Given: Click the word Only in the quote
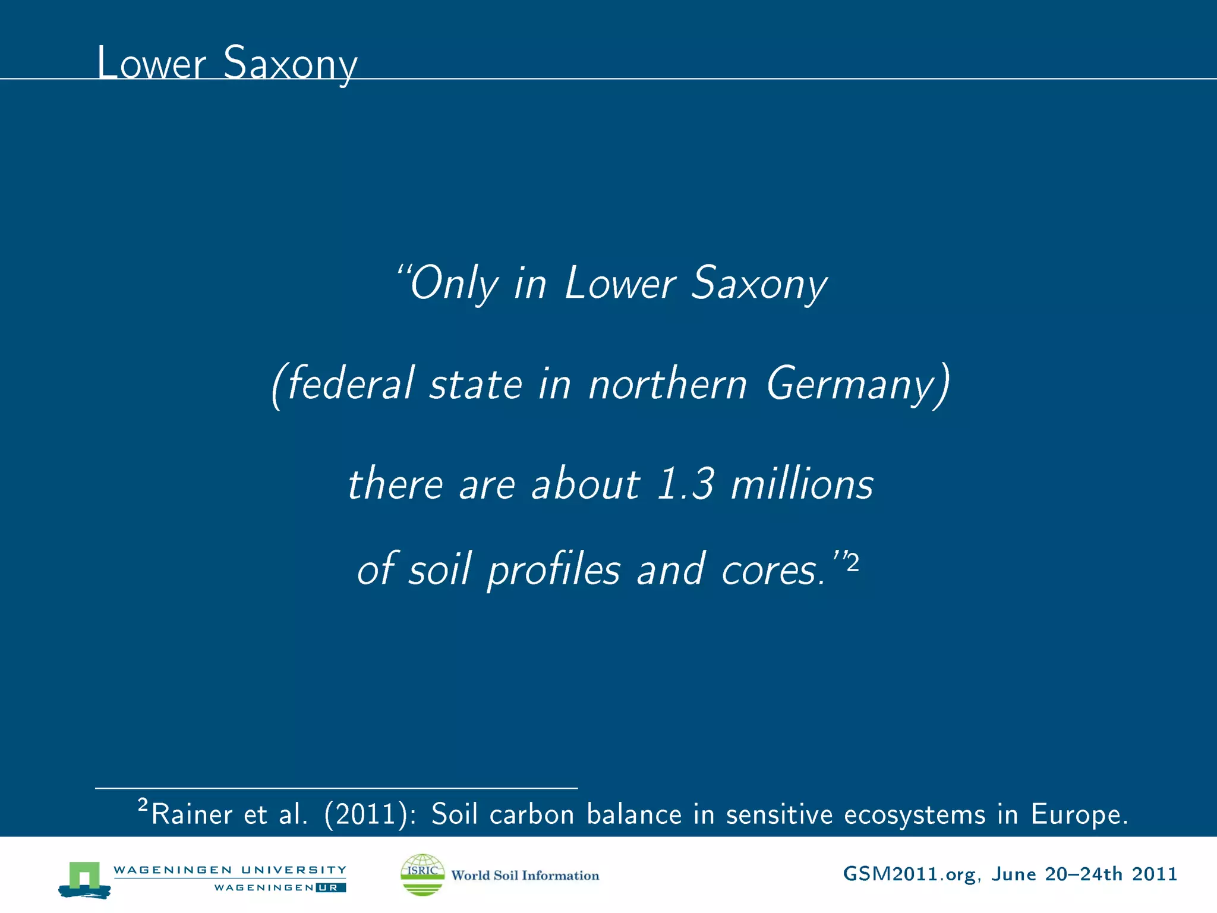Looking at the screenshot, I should click(x=454, y=284).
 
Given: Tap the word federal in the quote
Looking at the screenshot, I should click(x=350, y=384).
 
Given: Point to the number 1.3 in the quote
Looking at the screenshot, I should click(x=685, y=484).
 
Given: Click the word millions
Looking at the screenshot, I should click(x=802, y=484).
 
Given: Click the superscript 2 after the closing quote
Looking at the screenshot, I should click(x=853, y=562).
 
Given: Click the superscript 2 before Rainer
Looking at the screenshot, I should click(x=143, y=805).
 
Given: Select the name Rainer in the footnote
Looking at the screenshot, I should click(x=191, y=814).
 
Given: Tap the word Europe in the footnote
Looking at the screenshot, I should click(x=1077, y=814).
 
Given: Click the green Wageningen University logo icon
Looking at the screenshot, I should click(x=84, y=879).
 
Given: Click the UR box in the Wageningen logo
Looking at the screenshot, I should click(x=330, y=888).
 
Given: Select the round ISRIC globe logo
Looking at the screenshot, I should click(x=423, y=874).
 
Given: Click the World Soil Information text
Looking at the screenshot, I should click(x=525, y=876).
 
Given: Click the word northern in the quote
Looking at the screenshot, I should click(x=667, y=384).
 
